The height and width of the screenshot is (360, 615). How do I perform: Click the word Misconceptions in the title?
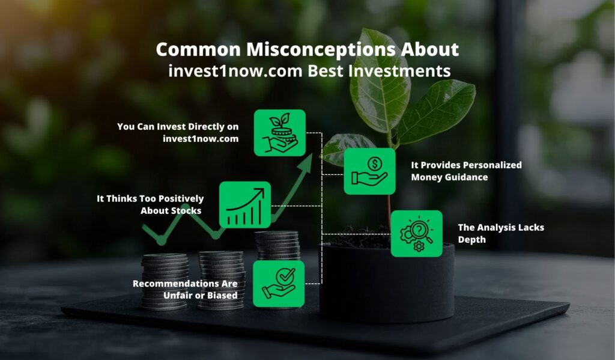coord(321,50)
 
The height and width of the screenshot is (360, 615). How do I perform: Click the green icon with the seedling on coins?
coord(280,133)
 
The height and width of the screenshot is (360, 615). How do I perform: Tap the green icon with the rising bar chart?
coord(245,204)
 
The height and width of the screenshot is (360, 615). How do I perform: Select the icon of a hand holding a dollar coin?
coord(369,171)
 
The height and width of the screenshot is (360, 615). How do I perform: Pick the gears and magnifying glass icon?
coord(417,234)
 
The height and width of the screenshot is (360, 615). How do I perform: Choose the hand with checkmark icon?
coord(279,284)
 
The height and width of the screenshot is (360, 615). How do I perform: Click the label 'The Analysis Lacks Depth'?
coord(501,233)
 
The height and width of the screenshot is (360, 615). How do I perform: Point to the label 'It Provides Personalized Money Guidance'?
coord(466,171)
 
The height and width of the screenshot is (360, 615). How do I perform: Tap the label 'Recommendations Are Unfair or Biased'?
coord(185,289)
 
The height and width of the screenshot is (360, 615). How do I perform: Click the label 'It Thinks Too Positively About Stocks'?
coord(150,204)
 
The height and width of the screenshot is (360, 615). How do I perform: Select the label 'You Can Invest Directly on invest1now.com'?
coord(178,132)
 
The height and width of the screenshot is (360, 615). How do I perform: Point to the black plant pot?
coord(387,282)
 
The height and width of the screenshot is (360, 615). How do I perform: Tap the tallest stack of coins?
coord(277,245)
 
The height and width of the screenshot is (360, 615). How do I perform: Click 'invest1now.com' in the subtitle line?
coord(235,71)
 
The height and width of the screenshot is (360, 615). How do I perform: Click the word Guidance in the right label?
coord(466,177)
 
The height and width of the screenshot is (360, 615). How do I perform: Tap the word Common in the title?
coord(198,50)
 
